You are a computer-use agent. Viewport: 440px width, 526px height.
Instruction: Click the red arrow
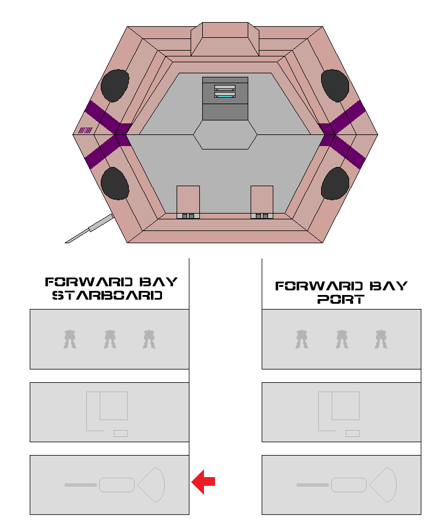click(203, 482)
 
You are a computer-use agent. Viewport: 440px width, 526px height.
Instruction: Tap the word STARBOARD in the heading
click(107, 296)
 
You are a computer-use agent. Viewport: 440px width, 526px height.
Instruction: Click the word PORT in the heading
click(341, 300)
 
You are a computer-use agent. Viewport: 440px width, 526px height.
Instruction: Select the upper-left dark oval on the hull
click(115, 85)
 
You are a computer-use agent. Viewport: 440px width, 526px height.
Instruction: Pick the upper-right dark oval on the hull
click(335, 85)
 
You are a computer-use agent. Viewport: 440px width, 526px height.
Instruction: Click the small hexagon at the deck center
click(225, 135)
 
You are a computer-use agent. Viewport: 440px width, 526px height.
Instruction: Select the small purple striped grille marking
click(85, 130)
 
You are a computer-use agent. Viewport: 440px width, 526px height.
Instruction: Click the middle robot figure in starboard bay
click(110, 339)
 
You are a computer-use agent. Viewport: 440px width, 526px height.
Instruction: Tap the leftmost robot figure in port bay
click(301, 339)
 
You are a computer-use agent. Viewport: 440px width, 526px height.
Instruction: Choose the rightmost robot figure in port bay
click(381, 339)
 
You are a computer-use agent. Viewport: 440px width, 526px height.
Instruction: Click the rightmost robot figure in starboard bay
click(150, 339)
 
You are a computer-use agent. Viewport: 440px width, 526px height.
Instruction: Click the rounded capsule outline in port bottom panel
click(349, 485)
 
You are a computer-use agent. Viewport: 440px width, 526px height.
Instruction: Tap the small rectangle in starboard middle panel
click(121, 433)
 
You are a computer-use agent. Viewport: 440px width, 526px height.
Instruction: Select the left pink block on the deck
click(188, 200)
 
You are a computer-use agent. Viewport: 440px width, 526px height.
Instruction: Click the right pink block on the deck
click(262, 200)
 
